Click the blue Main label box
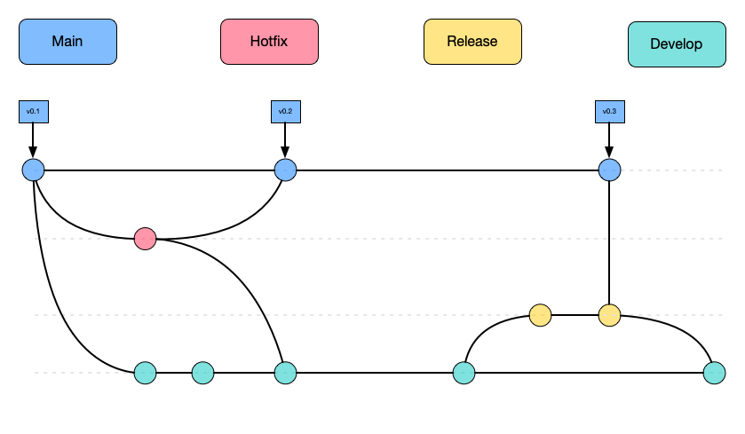pyautogui.click(x=67, y=43)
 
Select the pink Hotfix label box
pyautogui.click(x=269, y=43)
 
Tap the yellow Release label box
pyautogui.click(x=472, y=42)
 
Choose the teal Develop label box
pyautogui.click(x=676, y=44)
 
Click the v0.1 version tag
pyautogui.click(x=33, y=112)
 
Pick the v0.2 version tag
pyautogui.click(x=285, y=112)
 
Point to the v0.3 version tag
pyautogui.click(x=609, y=112)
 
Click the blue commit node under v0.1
pyautogui.click(x=33, y=170)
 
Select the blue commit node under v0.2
pyautogui.click(x=285, y=170)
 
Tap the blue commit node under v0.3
pyautogui.click(x=609, y=170)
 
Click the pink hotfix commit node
pyautogui.click(x=145, y=239)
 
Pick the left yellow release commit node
pyautogui.click(x=540, y=315)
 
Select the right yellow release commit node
pyautogui.click(x=609, y=315)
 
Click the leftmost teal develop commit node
pyautogui.click(x=145, y=373)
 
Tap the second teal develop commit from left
pyautogui.click(x=202, y=373)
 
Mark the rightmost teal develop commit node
pyautogui.click(x=714, y=373)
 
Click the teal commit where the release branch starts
pyautogui.click(x=464, y=373)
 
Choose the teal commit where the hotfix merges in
pyautogui.click(x=285, y=373)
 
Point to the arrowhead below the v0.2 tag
pyautogui.click(x=285, y=153)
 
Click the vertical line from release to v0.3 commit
pyautogui.click(x=609, y=244)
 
